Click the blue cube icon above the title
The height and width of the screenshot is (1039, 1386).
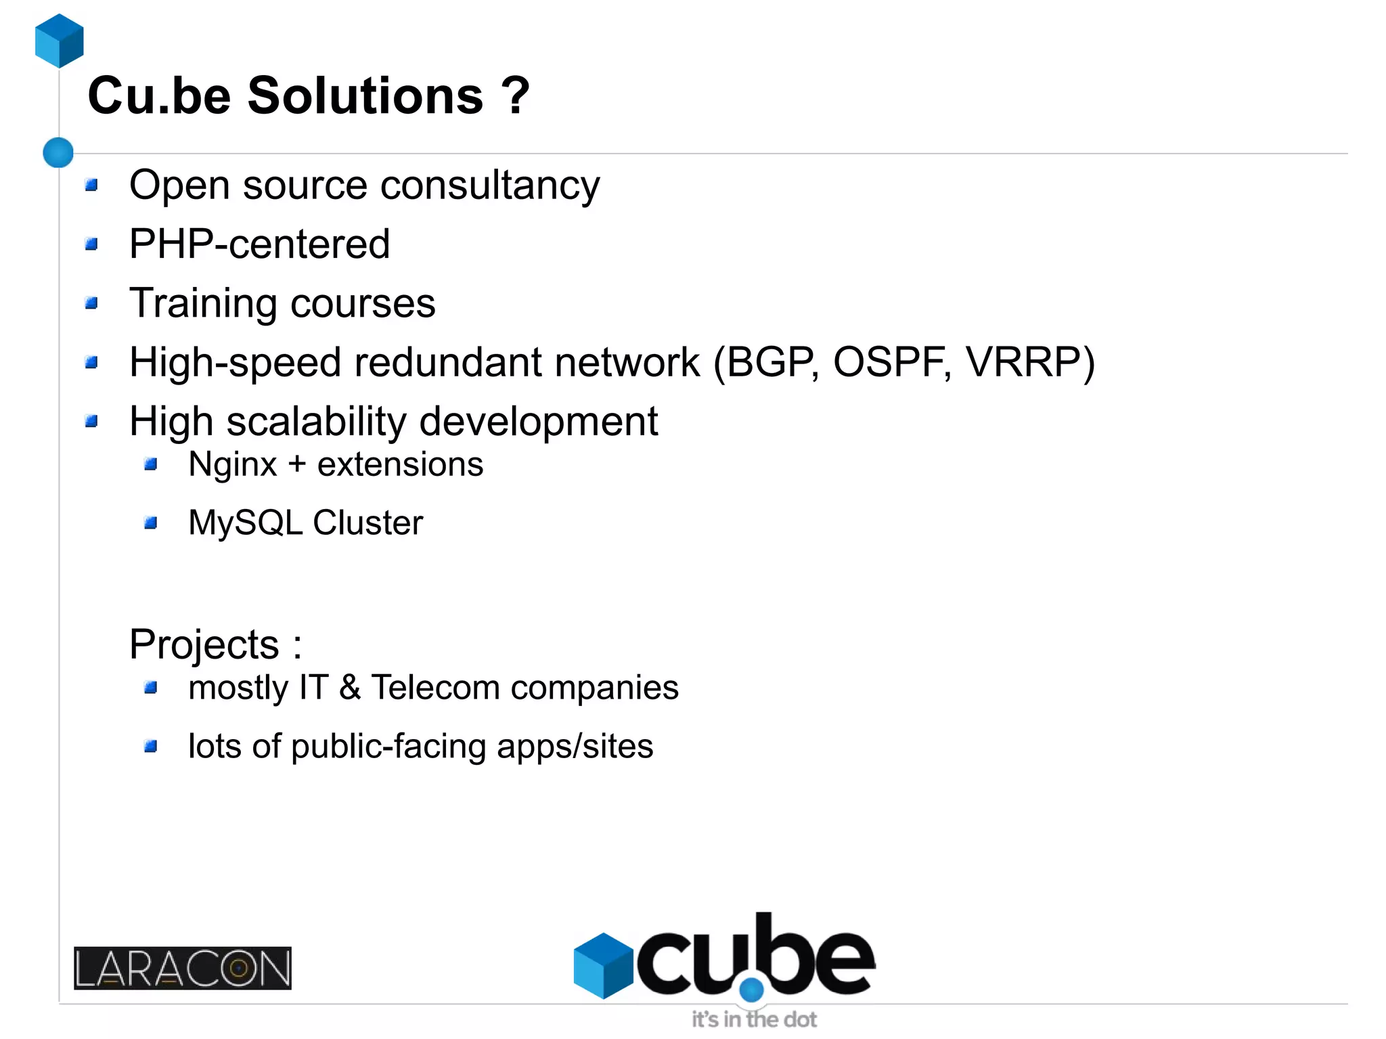[x=60, y=41]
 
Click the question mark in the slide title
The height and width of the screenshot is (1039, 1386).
[x=516, y=95]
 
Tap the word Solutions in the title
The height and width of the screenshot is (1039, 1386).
[x=365, y=95]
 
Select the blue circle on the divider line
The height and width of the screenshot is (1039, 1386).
[x=58, y=152]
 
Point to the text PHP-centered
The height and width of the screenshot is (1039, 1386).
[x=259, y=244]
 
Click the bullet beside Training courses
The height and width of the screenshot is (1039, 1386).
[x=92, y=303]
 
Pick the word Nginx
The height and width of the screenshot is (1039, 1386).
[x=233, y=465]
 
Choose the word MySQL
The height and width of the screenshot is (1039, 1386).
[x=245, y=523]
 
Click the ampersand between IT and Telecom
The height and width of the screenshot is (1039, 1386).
[x=350, y=688]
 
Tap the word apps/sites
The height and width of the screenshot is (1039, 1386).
[x=575, y=747]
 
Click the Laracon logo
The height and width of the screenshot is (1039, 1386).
[x=183, y=968]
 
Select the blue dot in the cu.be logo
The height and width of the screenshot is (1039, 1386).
[x=751, y=990]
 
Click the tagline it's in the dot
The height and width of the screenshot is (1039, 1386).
[x=754, y=1019]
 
